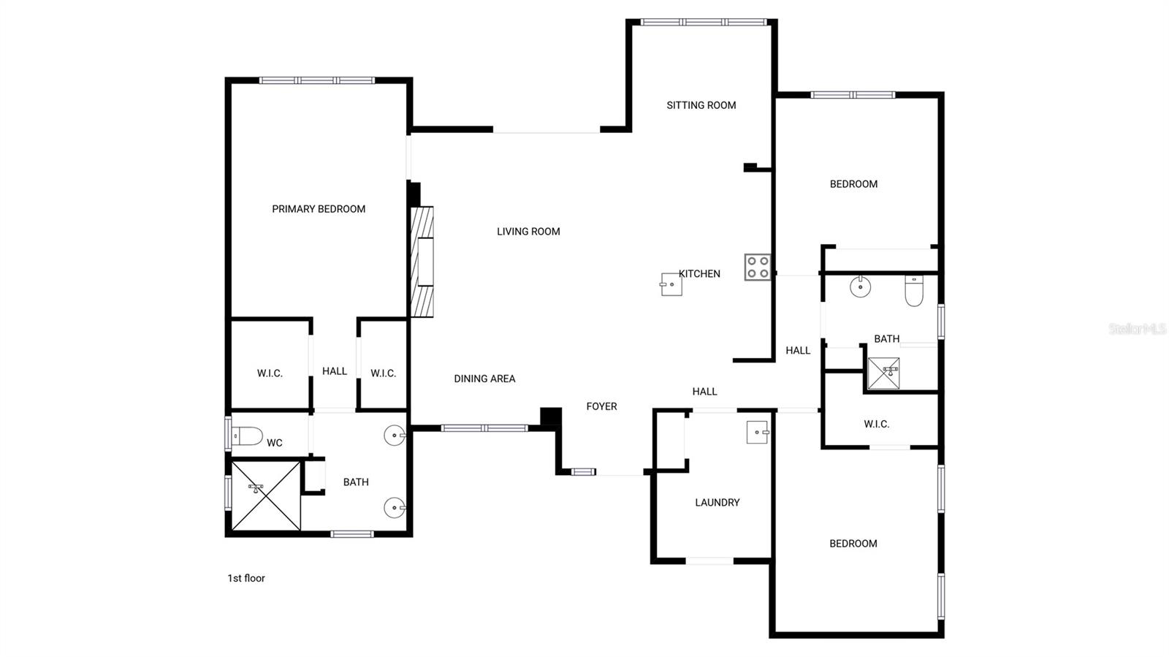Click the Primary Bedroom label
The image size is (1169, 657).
[x=319, y=209]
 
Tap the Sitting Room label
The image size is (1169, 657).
[x=701, y=105]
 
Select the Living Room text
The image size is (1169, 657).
[x=528, y=232]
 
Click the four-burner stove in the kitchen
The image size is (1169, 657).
[x=757, y=267]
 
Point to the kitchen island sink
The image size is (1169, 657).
[x=671, y=284]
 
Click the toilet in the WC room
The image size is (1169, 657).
[x=246, y=436]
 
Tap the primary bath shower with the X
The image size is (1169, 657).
[x=266, y=495]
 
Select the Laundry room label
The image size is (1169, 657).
[x=717, y=503]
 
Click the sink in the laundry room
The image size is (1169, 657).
[x=757, y=433]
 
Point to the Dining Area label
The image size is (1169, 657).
[x=484, y=379]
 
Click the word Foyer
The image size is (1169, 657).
[x=601, y=406]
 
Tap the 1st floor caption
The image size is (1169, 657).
[x=245, y=578]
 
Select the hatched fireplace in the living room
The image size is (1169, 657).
[x=422, y=262]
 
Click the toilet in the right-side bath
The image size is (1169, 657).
[x=914, y=290]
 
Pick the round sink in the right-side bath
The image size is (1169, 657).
[x=861, y=286]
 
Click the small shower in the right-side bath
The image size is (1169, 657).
[x=883, y=373]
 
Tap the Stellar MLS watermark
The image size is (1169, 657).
[x=1137, y=329]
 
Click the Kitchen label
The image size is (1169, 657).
[x=700, y=274]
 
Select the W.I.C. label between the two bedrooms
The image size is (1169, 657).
[x=876, y=424]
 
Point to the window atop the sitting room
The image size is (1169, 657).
[x=704, y=22]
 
